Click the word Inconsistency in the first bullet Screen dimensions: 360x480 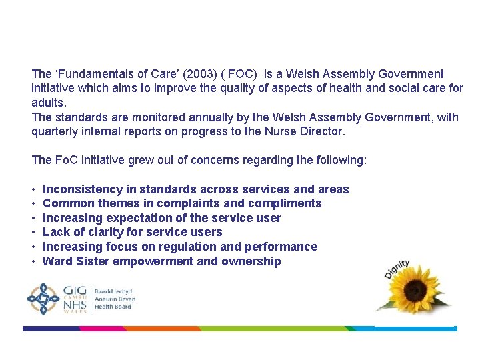pos(81,189)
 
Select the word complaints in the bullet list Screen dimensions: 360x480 pos(191,203)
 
